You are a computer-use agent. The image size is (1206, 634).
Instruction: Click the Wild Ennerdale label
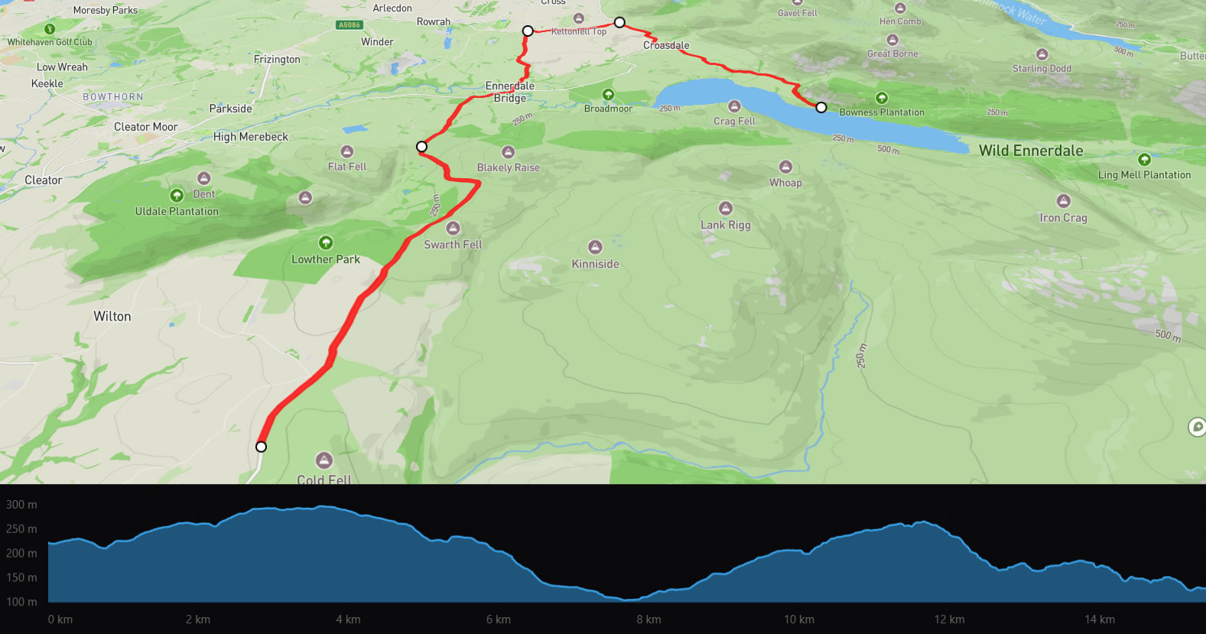coord(1031,151)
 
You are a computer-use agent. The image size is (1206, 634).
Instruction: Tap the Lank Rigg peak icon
coord(726,208)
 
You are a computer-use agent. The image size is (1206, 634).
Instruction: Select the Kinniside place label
coord(595,264)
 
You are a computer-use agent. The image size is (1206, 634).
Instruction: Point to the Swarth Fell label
coord(453,245)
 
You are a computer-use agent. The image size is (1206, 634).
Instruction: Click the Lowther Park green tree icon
coord(326,242)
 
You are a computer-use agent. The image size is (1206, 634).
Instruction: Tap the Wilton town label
coord(112,317)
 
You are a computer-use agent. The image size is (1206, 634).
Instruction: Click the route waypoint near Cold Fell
coord(261,447)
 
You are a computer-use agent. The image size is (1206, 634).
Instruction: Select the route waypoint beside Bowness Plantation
coord(821,107)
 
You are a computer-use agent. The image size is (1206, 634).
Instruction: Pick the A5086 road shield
coord(349,25)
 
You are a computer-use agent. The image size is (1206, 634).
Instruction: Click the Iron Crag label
coord(1063,218)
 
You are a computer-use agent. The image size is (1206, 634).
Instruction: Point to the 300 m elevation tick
coord(21,505)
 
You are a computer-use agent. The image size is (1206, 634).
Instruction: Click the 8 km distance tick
coord(649,619)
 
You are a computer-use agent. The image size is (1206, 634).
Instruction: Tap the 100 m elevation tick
coord(21,602)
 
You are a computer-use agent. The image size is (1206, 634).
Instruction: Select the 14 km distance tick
coord(1099,619)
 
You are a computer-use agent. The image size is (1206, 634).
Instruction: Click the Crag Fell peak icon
coord(734,106)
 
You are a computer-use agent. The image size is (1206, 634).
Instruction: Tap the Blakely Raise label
coord(508,167)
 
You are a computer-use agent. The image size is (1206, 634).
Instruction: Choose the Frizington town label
coord(277,60)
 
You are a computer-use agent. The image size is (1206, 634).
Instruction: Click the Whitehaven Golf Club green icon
coord(50,30)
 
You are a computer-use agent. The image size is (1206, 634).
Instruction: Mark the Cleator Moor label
coord(145,127)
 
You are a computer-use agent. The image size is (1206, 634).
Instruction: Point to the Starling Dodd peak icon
coord(1042,54)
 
